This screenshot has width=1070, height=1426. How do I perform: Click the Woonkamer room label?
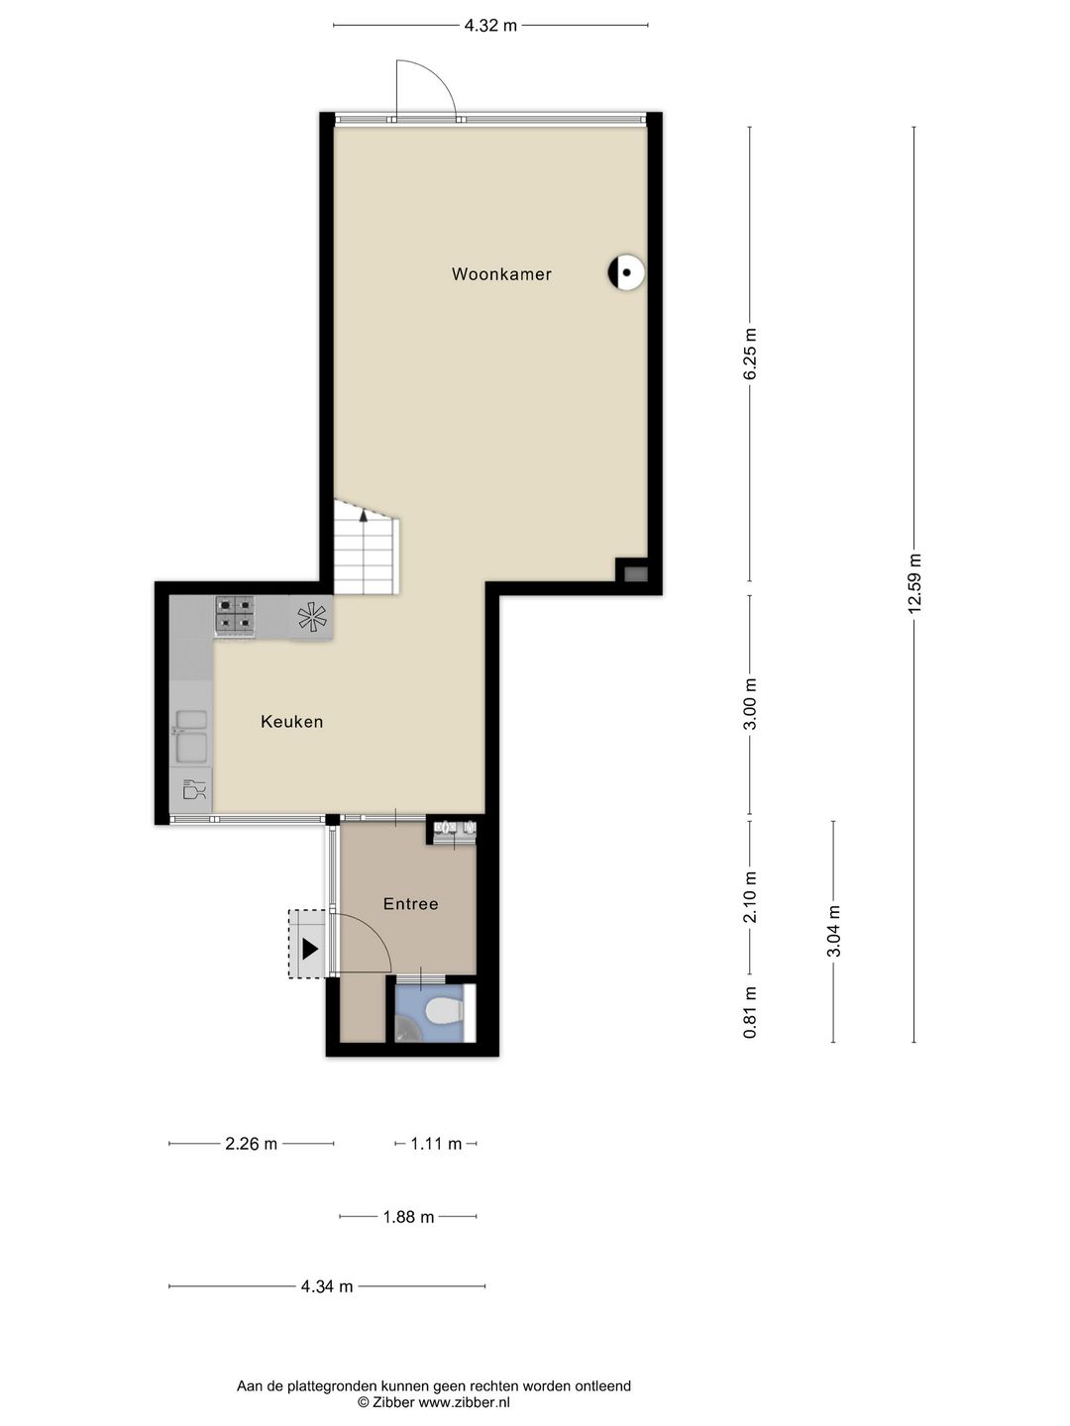(501, 274)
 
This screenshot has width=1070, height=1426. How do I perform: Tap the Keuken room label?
(291, 722)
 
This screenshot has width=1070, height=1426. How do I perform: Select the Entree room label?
(410, 904)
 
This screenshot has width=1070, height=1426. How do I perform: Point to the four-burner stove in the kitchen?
(235, 616)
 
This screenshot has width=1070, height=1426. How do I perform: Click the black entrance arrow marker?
(310, 949)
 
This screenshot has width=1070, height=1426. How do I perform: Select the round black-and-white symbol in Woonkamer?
(626, 272)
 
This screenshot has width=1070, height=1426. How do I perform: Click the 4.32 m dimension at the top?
(490, 26)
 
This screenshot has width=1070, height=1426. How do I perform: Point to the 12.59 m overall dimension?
(914, 584)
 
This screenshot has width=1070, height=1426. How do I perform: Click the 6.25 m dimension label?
(750, 354)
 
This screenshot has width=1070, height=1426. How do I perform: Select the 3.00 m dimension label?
(750, 704)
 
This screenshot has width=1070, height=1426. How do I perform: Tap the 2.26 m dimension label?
(251, 1144)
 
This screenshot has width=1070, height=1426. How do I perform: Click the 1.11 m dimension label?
(436, 1144)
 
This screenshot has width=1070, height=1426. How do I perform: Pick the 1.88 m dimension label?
(408, 1217)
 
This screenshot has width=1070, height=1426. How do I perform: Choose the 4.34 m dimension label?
(327, 1286)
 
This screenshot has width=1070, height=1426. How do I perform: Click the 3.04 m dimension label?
(833, 932)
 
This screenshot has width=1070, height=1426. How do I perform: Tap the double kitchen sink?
(190, 735)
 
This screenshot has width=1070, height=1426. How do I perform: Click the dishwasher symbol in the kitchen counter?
(193, 790)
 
